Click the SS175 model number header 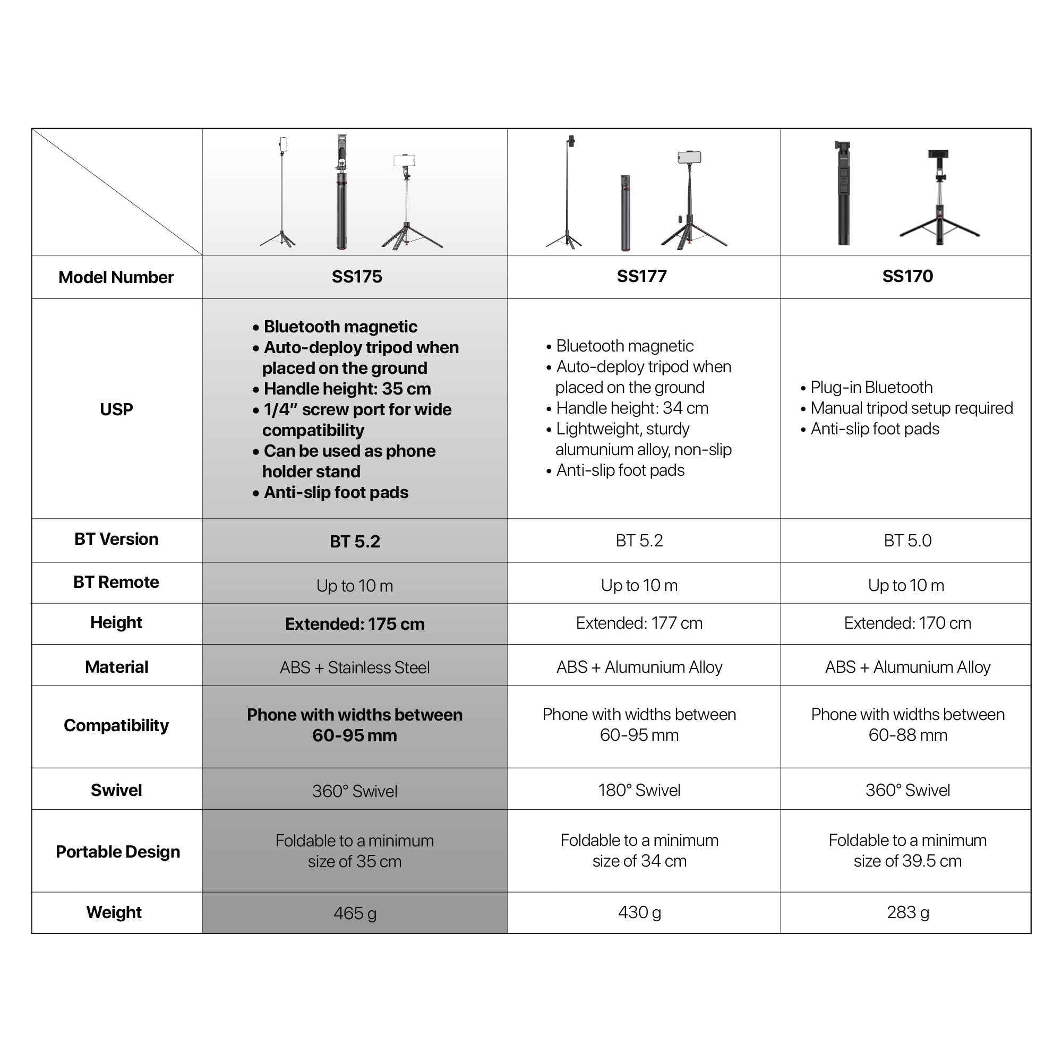[x=356, y=277]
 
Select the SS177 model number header [x=641, y=276]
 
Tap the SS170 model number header [x=907, y=276]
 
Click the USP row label [x=116, y=409]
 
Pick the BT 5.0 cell [x=907, y=541]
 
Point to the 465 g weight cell [x=355, y=913]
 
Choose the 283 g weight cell [x=907, y=912]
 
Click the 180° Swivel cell [x=639, y=790]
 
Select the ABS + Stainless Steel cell [x=355, y=667]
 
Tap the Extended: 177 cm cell [x=639, y=623]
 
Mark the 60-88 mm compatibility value [x=907, y=735]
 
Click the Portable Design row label [x=118, y=852]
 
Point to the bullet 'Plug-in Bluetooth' [x=871, y=388]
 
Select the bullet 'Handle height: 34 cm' [x=631, y=408]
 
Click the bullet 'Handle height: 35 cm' [x=347, y=389]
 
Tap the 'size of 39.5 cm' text [x=907, y=861]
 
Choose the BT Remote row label [x=116, y=582]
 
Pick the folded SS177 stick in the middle [x=625, y=213]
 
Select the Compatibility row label [x=116, y=725]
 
